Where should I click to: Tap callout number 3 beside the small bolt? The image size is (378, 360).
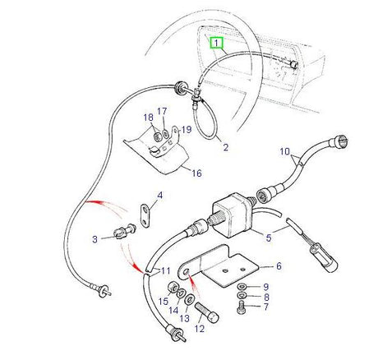(x=94, y=238)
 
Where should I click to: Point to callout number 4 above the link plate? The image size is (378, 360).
(x=159, y=195)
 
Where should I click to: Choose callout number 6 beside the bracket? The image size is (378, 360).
(x=278, y=267)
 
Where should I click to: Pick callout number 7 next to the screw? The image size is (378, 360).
(x=265, y=307)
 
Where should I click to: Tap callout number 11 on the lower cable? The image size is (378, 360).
(x=165, y=270)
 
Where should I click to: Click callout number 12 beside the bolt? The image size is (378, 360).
(x=197, y=329)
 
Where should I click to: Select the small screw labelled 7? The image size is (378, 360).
(x=241, y=309)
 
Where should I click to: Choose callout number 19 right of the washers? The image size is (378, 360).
(x=187, y=129)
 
